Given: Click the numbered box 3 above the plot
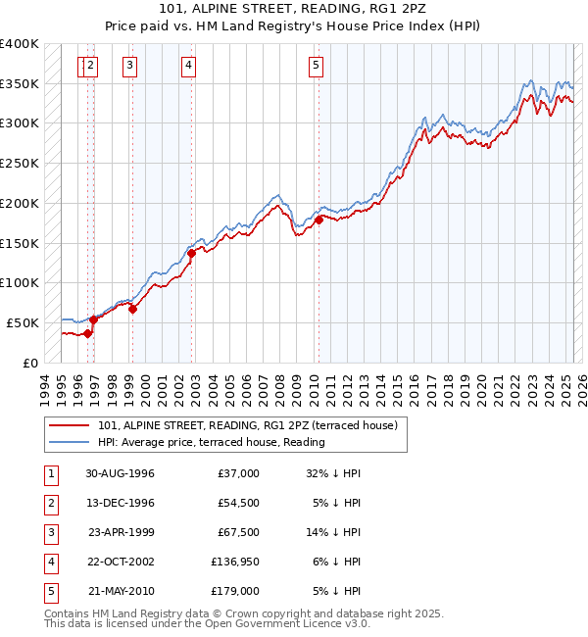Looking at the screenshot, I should point(129,66).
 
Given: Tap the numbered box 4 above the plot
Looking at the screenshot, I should point(188,66).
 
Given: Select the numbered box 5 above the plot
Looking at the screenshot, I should point(317,66).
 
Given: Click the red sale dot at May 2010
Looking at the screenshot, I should point(319,220).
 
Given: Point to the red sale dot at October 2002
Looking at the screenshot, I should point(191,254).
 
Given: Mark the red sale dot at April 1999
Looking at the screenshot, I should point(132,309).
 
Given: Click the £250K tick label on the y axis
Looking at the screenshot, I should point(20,164).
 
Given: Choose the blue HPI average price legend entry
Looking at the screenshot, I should point(211,442).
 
